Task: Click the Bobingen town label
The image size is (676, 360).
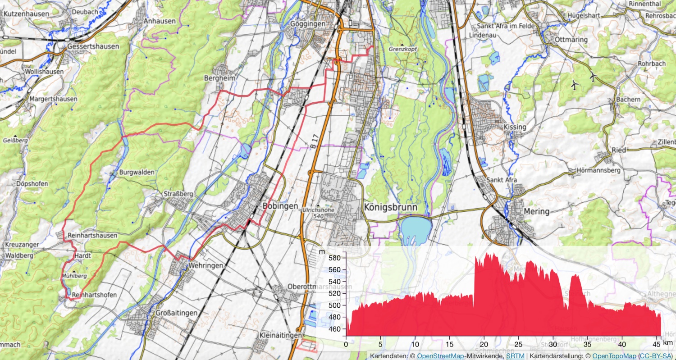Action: click(x=280, y=206)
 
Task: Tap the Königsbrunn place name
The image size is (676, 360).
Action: click(x=390, y=207)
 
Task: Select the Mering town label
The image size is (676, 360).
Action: click(x=537, y=211)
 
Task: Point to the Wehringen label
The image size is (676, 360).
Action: click(x=206, y=265)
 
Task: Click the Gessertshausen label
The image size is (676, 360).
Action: click(x=93, y=46)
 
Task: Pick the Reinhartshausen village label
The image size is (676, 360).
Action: click(x=92, y=235)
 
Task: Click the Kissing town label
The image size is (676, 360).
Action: click(x=515, y=127)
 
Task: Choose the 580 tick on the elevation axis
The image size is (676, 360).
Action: click(x=334, y=258)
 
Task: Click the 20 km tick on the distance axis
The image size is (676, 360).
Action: click(x=484, y=344)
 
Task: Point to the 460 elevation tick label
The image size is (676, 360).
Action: click(x=334, y=329)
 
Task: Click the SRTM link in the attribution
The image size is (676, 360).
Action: click(x=515, y=356)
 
